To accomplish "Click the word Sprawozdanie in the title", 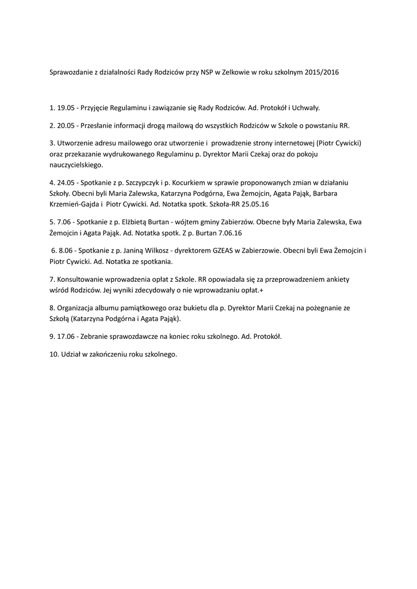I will pyautogui.click(x=70, y=74).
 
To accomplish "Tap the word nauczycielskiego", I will pyautogui.click(x=76, y=165).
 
